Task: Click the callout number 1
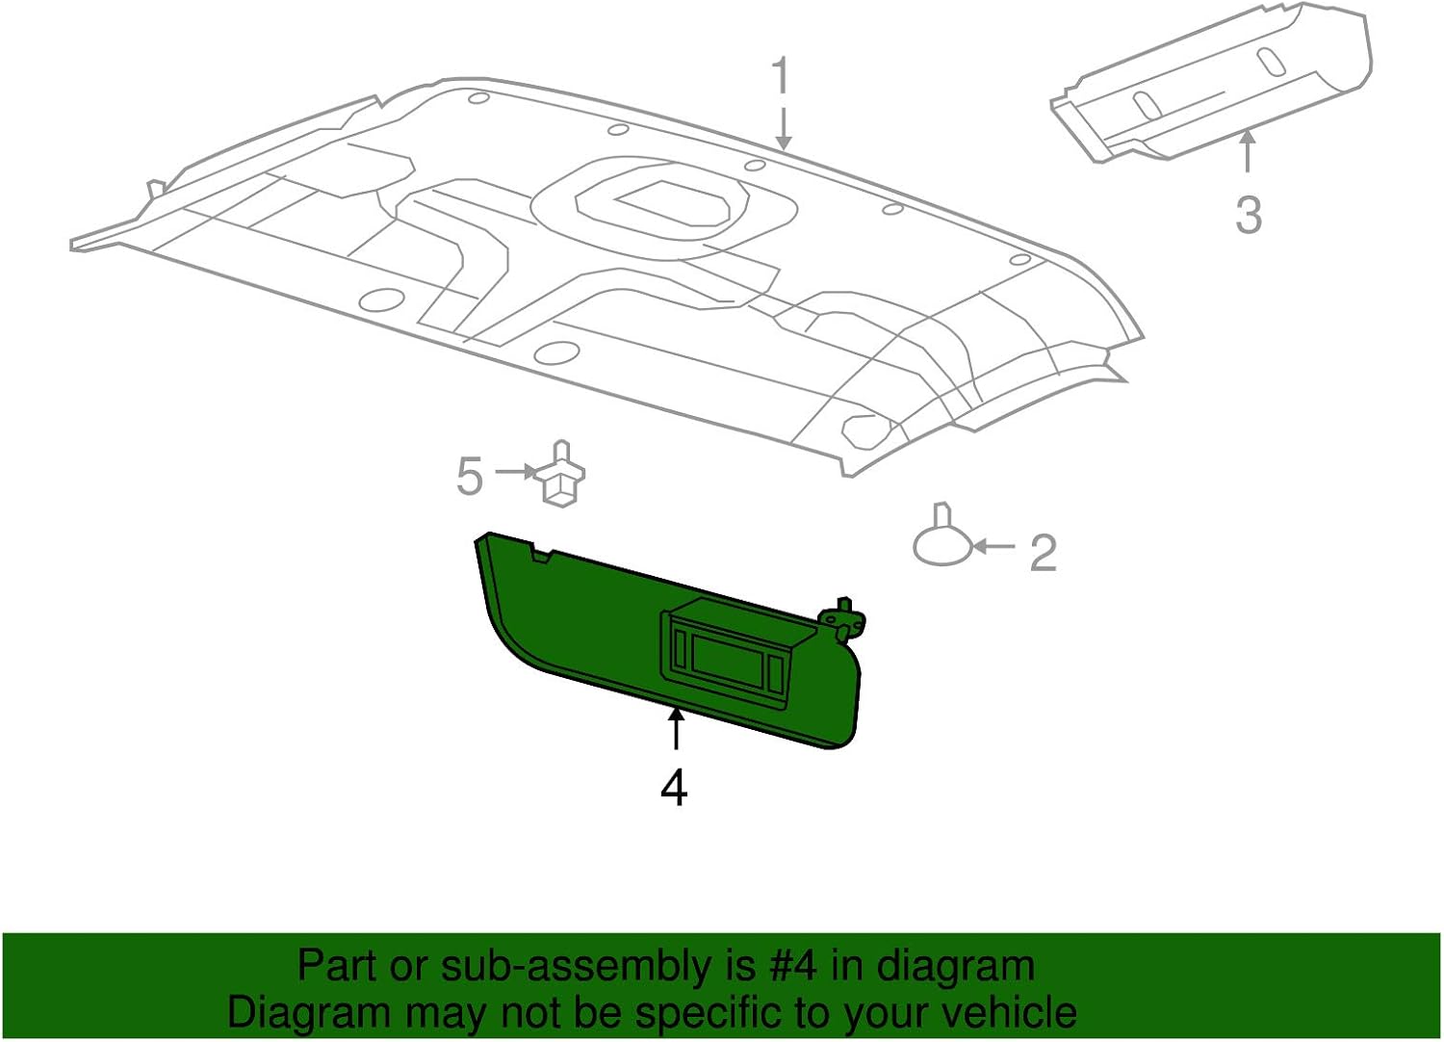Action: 781,76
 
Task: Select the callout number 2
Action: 1044,553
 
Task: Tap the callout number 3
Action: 1248,214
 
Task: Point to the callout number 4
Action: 674,788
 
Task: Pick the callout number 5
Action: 469,476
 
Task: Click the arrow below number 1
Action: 784,129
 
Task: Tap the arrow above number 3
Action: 1248,152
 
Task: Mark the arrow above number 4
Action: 676,728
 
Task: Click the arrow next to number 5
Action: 516,472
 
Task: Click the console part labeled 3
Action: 1213,82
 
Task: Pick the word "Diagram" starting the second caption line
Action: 308,1012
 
